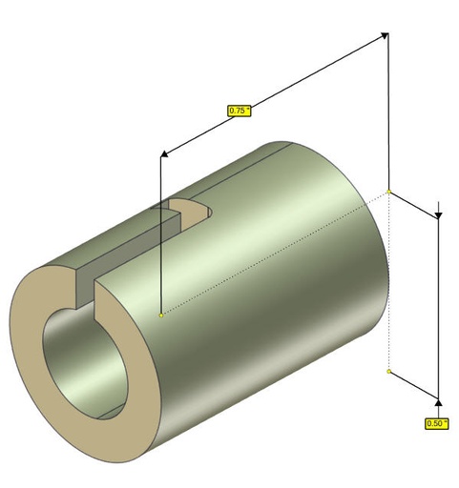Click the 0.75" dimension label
tap(240, 111)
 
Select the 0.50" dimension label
tap(437, 423)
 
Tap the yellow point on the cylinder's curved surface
tap(161, 315)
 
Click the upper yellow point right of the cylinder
tap(388, 192)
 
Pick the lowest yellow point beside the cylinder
tap(388, 372)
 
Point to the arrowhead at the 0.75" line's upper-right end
tap(385, 35)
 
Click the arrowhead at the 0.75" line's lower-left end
tap(164, 154)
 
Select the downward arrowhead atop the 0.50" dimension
tap(438, 216)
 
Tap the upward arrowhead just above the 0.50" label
tap(438, 403)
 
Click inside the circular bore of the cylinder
tap(83, 359)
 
